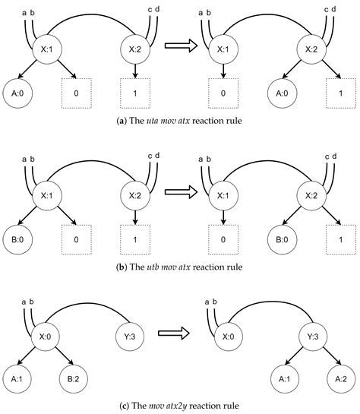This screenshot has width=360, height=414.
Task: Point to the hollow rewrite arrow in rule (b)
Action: [180, 189]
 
